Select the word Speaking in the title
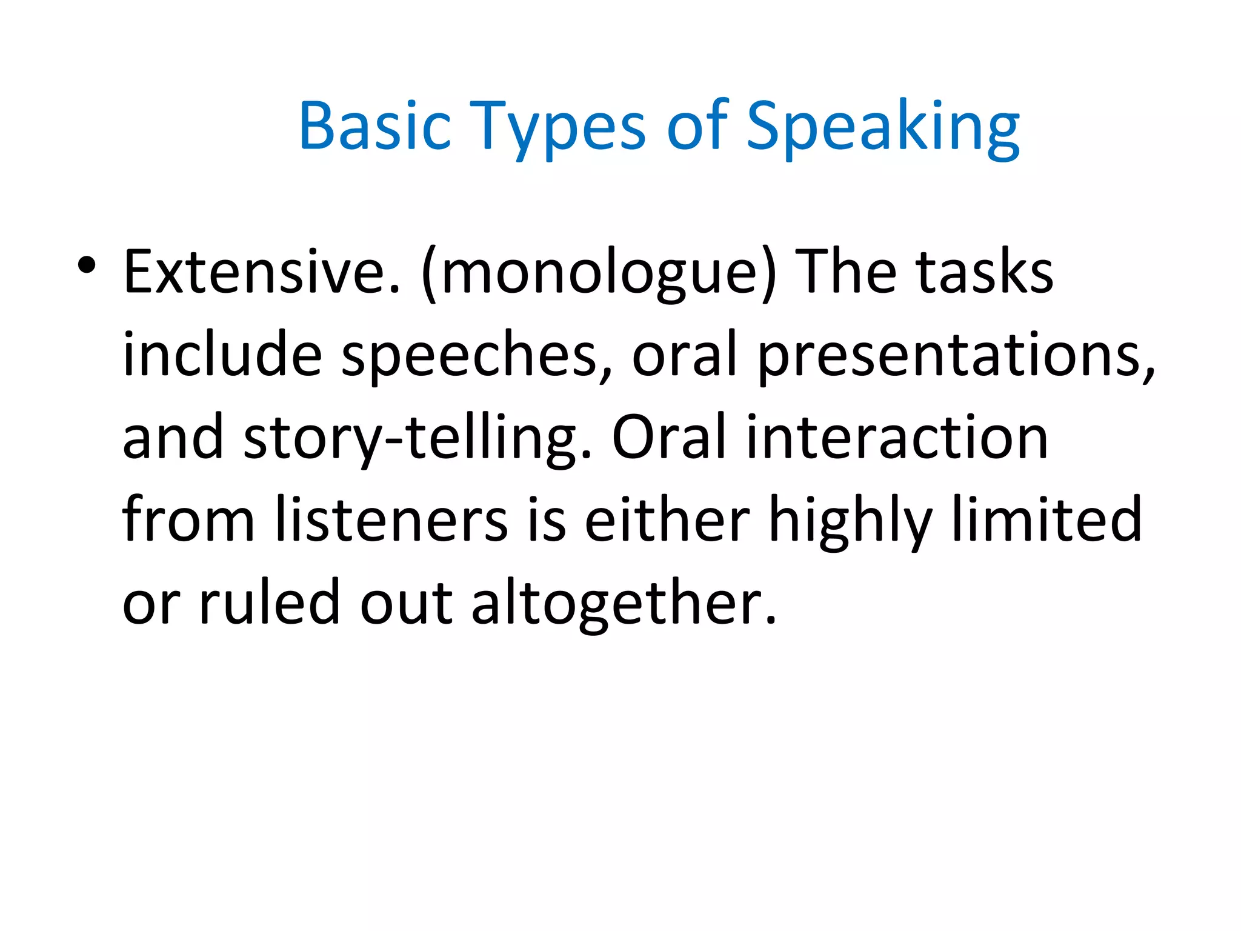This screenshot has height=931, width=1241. (883, 127)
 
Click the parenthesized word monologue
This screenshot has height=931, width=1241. (599, 273)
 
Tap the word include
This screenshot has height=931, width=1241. (222, 354)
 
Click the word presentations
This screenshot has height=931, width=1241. (957, 355)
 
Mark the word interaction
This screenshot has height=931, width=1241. (897, 438)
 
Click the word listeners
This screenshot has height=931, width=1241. (391, 520)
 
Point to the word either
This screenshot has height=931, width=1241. (667, 520)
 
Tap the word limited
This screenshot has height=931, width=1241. (1047, 520)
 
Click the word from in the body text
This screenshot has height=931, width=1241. (188, 520)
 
